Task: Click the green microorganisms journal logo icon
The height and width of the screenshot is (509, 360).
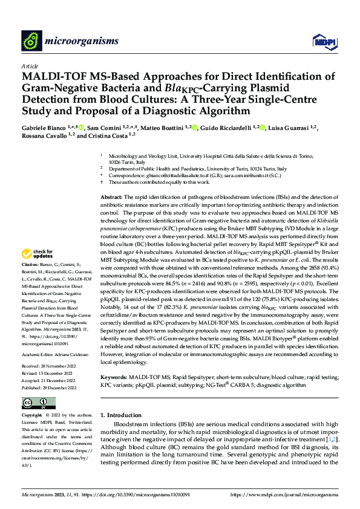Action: click(x=31, y=41)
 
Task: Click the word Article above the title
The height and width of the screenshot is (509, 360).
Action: click(x=30, y=66)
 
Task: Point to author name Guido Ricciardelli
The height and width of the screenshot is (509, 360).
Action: click(x=234, y=128)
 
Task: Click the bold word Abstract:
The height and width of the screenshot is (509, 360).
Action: click(x=111, y=197)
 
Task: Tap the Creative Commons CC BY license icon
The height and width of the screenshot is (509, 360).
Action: click(x=39, y=403)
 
